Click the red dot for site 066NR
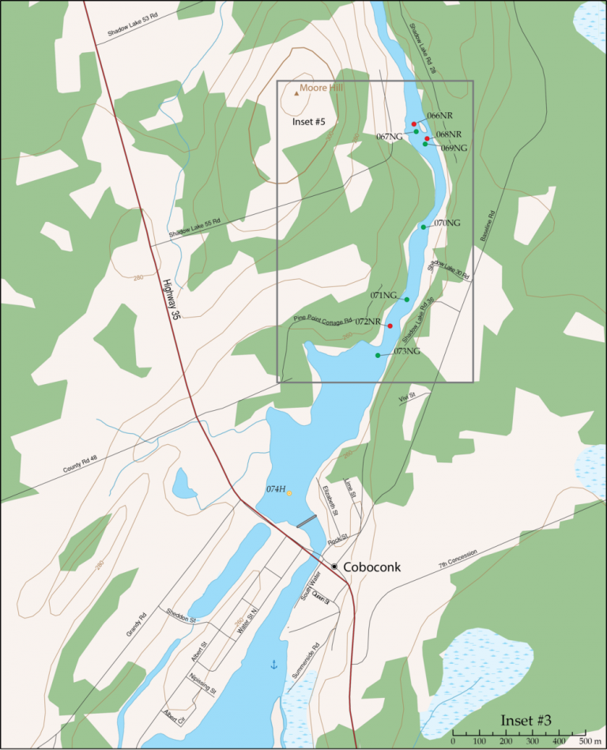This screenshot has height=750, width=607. [x=414, y=124]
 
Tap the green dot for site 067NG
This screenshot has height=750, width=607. [x=417, y=132]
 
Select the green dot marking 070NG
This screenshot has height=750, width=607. [x=424, y=228]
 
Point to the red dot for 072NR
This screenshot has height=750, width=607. [x=390, y=326]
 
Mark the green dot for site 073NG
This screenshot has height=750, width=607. [x=378, y=356]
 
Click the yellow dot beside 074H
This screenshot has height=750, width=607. [x=289, y=493]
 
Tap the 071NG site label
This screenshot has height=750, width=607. [x=383, y=296]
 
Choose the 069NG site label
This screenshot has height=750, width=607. [x=454, y=148]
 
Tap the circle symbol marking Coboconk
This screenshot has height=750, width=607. [x=334, y=567]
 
